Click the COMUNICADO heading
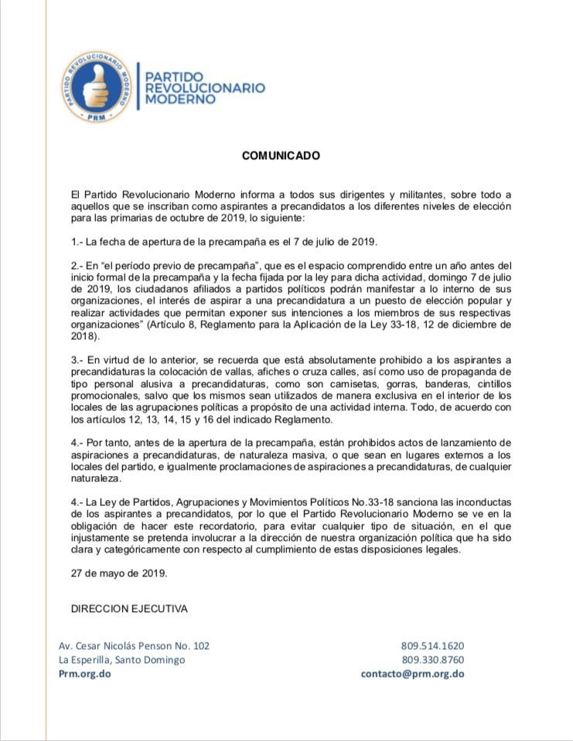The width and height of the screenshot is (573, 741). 281,155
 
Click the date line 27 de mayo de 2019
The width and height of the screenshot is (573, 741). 118,573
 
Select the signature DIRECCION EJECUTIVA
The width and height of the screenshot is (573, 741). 129,609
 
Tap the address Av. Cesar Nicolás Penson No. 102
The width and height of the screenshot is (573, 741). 134,646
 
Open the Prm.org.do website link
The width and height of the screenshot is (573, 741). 85,674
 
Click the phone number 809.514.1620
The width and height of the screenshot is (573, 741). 432,646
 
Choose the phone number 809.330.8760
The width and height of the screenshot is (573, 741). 432,660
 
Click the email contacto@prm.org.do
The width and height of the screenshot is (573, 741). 412,674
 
